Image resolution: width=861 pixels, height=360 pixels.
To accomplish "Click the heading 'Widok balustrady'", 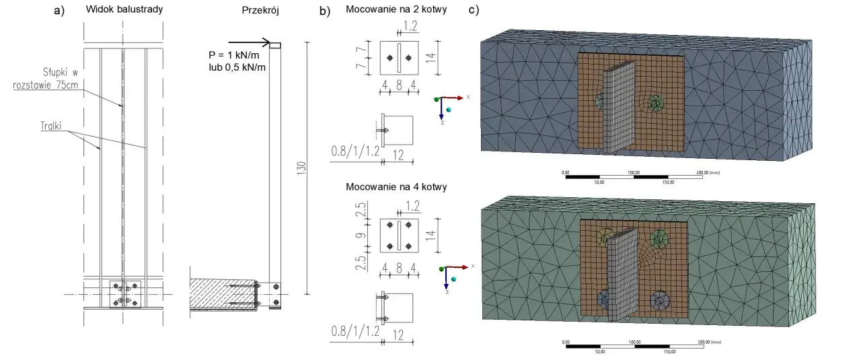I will pos(124,10).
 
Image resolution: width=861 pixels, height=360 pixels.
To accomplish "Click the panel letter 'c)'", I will pos(474,10).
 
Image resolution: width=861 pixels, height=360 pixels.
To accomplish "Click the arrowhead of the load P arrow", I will pos(266,43).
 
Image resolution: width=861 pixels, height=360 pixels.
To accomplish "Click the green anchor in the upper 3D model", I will pos(654,103).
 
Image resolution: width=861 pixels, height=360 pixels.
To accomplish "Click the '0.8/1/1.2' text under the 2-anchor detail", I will pos(354,151).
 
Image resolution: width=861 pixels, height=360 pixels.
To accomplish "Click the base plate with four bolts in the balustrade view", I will pos(124,293).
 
